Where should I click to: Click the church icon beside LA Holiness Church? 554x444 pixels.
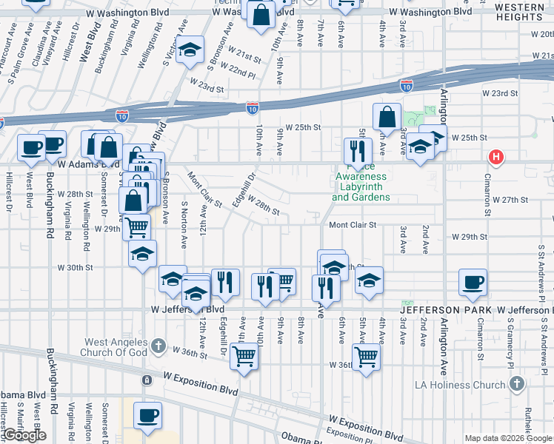coord(517,384)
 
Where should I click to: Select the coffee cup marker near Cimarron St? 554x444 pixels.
coord(473,283)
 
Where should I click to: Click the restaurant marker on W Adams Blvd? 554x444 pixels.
coord(358,151)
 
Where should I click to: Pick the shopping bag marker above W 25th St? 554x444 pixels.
coord(387,117)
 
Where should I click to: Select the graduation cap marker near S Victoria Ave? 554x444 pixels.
coord(190,50)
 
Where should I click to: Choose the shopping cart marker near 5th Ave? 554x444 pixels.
coord(366,357)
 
